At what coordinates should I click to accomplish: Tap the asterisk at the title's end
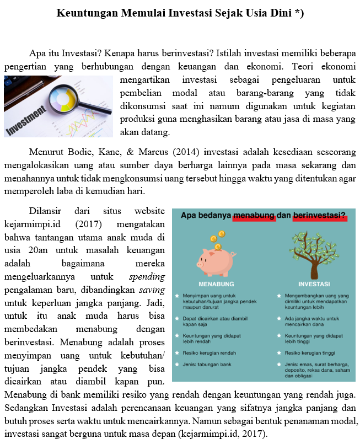click(x=297, y=12)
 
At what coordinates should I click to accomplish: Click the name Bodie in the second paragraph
click(x=84, y=152)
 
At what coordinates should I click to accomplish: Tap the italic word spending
click(x=147, y=276)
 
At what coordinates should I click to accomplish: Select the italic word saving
click(x=152, y=290)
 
